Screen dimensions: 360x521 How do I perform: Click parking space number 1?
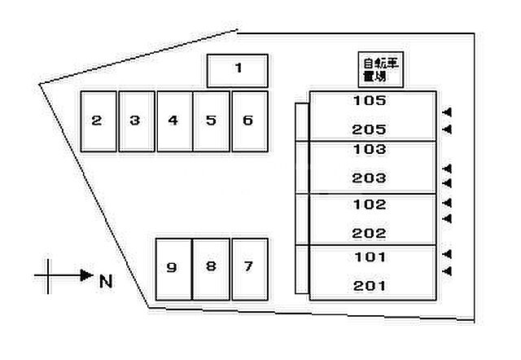[x=238, y=70]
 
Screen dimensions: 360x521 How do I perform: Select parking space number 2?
[x=98, y=121]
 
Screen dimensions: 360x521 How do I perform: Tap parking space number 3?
[x=136, y=121]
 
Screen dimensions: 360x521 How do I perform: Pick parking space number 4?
[x=173, y=121]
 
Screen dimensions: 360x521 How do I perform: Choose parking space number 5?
[x=211, y=121]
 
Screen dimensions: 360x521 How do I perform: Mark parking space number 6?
[x=248, y=121]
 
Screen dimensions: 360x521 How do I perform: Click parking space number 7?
[x=248, y=268]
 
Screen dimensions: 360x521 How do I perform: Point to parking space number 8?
[x=210, y=268]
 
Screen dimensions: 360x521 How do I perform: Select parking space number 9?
[x=172, y=268]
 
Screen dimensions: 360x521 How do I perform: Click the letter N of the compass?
[x=105, y=282]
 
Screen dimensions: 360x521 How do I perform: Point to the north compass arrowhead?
[x=87, y=275]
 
